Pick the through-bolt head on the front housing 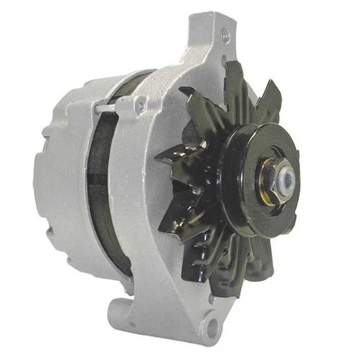coord(137,108)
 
